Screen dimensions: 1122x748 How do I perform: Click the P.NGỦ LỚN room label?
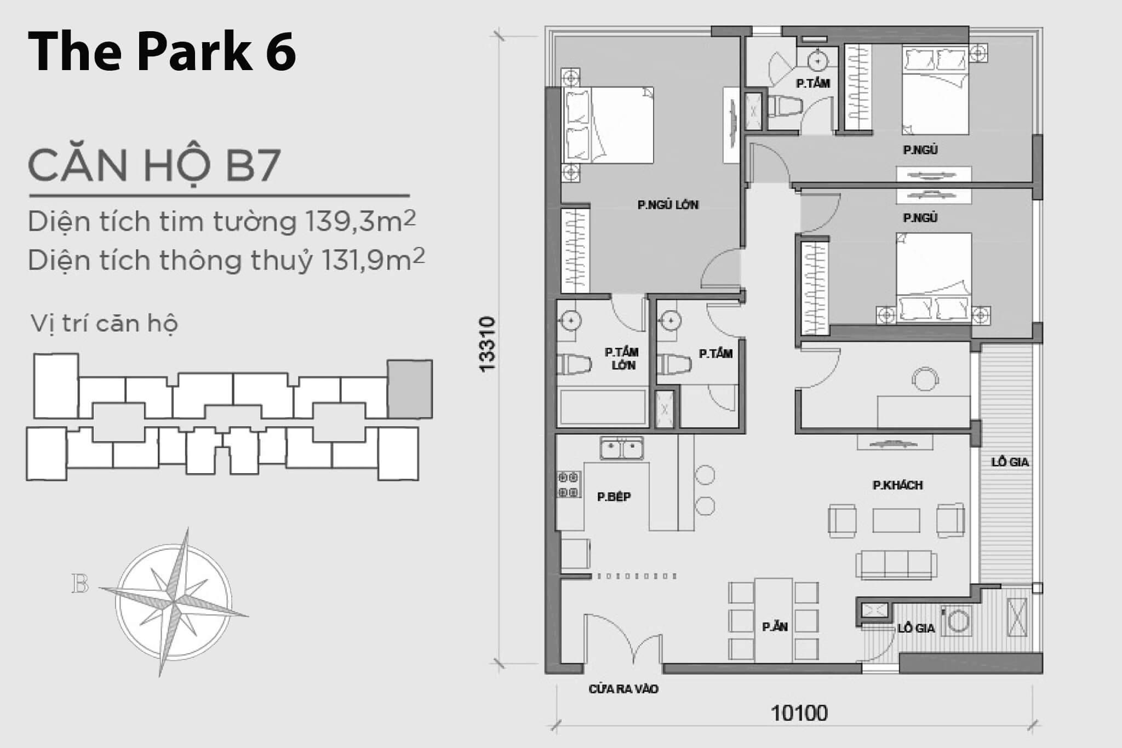point(668,205)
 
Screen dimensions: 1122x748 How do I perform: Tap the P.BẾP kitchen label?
point(614,497)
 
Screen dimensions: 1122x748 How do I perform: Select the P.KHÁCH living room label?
point(897,485)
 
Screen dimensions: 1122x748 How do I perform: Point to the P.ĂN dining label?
point(775,626)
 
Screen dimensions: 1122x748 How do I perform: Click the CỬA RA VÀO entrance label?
point(623,689)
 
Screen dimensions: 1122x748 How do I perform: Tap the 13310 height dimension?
point(486,344)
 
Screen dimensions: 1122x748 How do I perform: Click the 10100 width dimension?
point(799,713)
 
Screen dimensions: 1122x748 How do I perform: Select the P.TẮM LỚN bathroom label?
point(622,359)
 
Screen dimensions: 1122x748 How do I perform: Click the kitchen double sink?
point(622,448)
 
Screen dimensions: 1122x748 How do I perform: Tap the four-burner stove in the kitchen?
point(569,485)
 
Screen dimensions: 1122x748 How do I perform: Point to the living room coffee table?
point(896,520)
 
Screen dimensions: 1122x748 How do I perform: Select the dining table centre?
point(774,620)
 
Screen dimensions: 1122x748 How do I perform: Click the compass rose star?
point(174,602)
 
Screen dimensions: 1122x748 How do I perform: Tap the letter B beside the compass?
point(80,584)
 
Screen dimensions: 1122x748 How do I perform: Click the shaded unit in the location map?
point(410,389)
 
